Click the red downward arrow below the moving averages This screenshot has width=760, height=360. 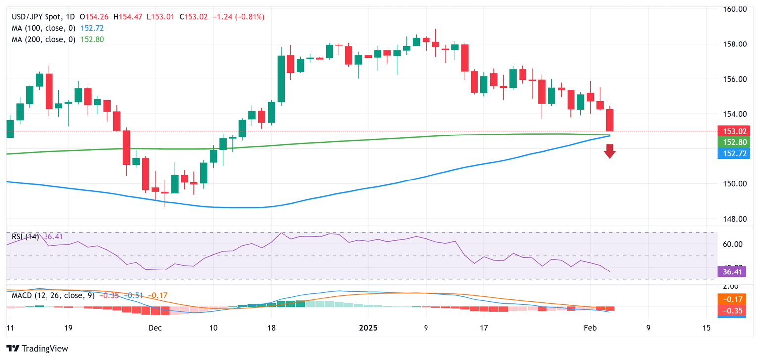[x=609, y=151]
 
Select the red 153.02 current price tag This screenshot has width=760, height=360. [x=734, y=132]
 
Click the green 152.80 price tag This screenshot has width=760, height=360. [x=734, y=142]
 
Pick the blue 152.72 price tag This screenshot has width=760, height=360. [x=734, y=153]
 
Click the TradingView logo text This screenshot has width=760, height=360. [x=38, y=348]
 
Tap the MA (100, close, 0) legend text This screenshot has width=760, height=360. [x=43, y=28]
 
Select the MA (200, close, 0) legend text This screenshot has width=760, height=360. [x=43, y=39]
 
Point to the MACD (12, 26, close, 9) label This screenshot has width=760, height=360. [x=54, y=295]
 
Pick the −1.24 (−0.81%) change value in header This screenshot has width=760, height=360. [x=238, y=17]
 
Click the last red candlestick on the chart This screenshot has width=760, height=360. [x=609, y=120]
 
